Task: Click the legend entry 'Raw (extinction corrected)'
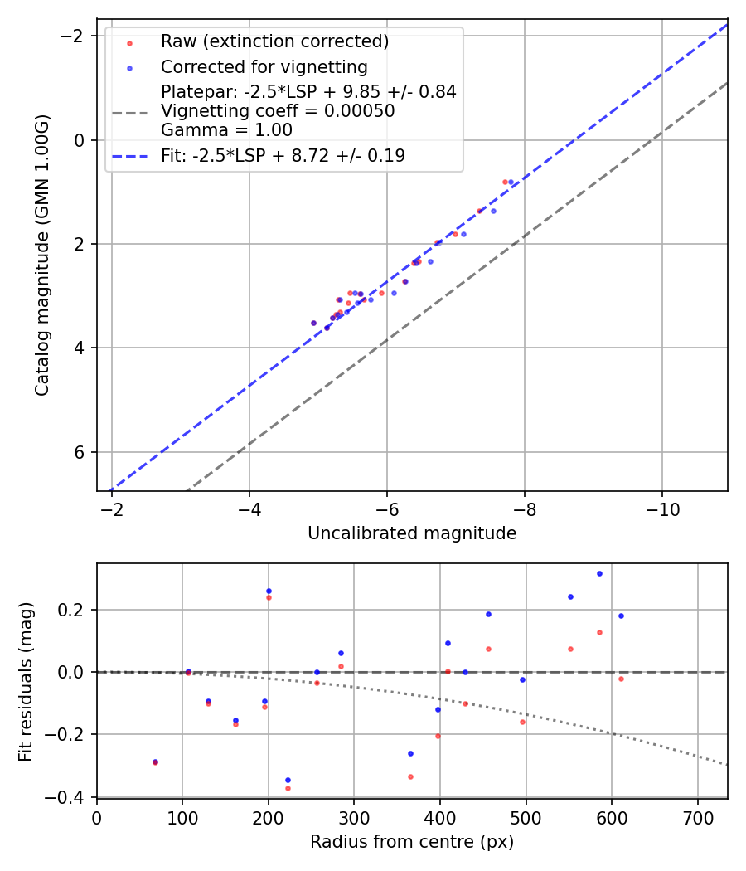274,41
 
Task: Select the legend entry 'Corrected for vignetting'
264,66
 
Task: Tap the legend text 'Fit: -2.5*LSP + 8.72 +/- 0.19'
283,155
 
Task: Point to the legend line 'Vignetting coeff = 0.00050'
278,111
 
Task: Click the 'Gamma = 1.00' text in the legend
226,130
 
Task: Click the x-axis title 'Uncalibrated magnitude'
412,533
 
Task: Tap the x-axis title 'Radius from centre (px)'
412,842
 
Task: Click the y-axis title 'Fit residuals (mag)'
27,680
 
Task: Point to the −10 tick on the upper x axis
661,507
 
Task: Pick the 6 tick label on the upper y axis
80,452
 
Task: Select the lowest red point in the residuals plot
288,788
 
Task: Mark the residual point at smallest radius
155,762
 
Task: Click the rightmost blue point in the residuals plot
621,616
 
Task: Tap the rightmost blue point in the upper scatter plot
511,182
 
